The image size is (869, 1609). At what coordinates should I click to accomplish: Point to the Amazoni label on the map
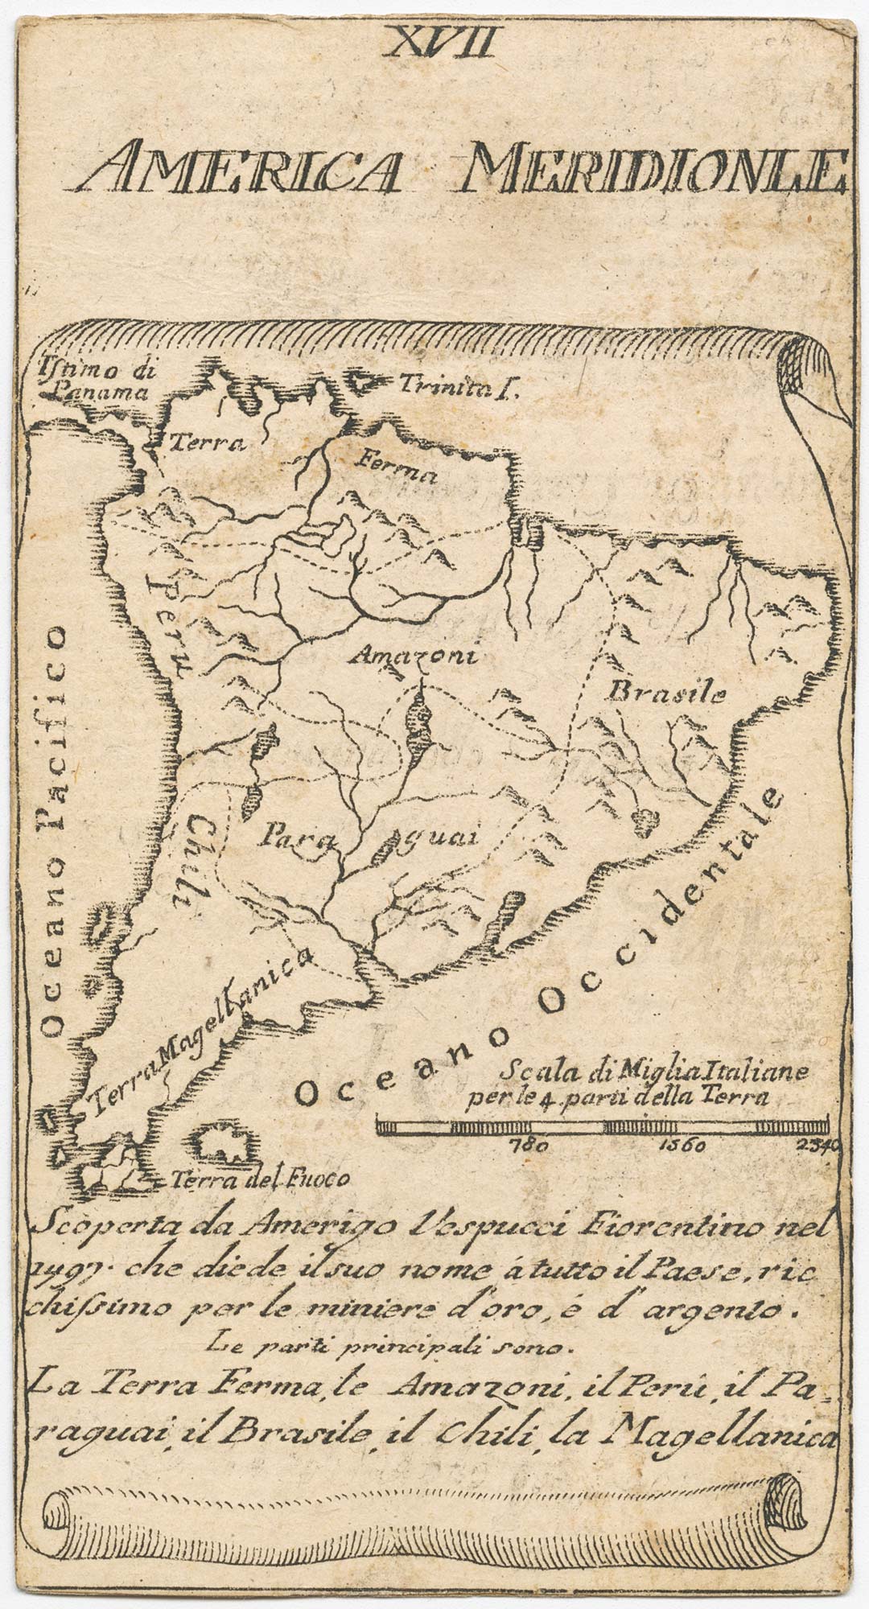point(415,656)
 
